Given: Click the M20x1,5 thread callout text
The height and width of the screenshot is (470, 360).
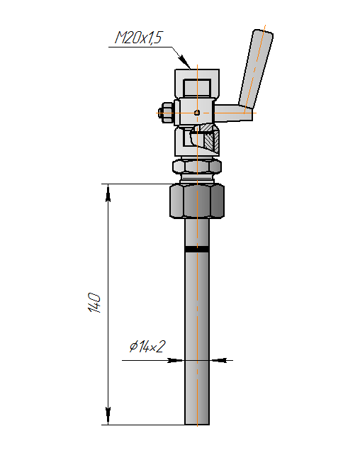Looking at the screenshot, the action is tap(138, 38).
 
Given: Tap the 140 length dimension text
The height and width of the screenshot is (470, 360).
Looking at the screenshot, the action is tap(94, 303).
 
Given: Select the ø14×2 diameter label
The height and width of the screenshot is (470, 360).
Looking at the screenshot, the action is tap(147, 347).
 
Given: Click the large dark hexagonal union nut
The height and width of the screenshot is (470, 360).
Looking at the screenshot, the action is tap(197, 201).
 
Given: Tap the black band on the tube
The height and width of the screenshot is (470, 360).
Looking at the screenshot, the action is tap(197, 249).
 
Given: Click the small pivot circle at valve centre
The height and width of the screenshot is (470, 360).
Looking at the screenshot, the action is tap(197, 113).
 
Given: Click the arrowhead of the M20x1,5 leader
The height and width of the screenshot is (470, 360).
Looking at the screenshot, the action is tap(186, 63).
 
